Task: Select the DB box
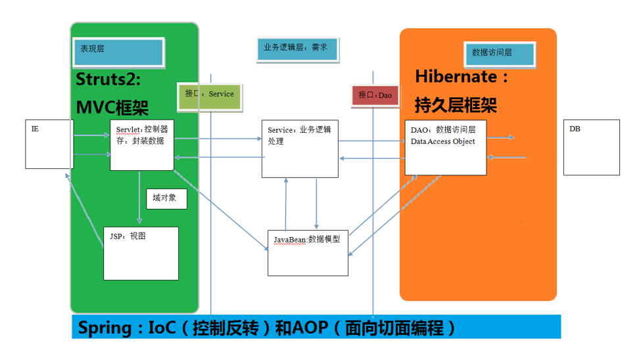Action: tap(591, 147)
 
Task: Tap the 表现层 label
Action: tap(118, 53)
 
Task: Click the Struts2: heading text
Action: tap(108, 79)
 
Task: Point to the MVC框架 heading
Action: tap(112, 107)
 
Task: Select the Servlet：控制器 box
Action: tap(142, 145)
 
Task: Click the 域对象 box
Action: tap(166, 198)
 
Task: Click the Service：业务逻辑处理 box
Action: tap(300, 148)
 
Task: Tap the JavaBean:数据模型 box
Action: tap(308, 252)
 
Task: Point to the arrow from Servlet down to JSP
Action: tap(139, 198)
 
